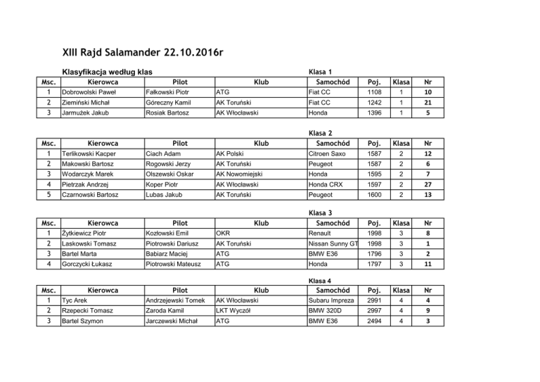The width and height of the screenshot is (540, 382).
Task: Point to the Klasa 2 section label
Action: tap(320, 132)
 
